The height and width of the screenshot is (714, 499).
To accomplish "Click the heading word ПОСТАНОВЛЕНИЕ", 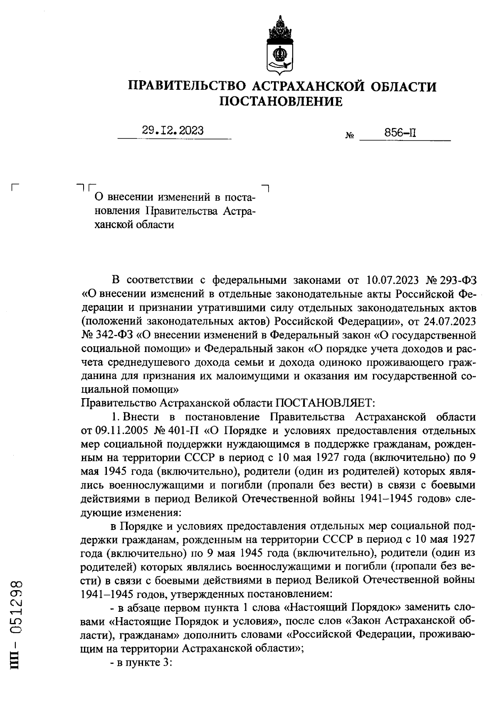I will pos(281,101).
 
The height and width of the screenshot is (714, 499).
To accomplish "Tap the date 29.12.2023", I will pos(173,130).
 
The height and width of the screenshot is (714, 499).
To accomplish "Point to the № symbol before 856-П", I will pos(349,135).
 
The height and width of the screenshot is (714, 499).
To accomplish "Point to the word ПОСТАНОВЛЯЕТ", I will pos(326,403).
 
